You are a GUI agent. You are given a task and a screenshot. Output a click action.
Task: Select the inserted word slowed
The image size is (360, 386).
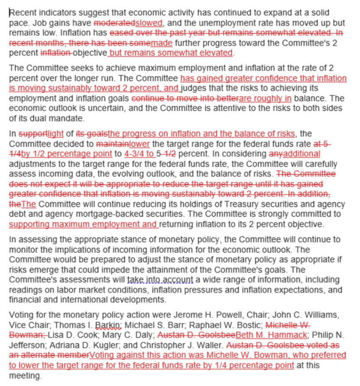click(x=149, y=23)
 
